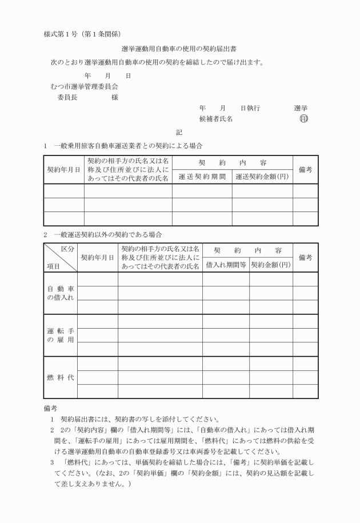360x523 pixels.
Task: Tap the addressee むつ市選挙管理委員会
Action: (x=84, y=86)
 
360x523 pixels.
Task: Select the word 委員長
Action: (x=68, y=97)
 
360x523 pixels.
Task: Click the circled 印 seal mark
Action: (x=303, y=119)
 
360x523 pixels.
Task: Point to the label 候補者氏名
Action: (x=215, y=119)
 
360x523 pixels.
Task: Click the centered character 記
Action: (x=179, y=132)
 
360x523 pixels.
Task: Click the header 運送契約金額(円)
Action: (x=262, y=177)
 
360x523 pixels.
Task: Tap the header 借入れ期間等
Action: (x=226, y=265)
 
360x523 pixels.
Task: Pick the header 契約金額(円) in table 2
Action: (x=271, y=265)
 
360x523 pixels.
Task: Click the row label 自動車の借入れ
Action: (x=60, y=293)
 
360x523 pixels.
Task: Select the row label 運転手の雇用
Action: (x=60, y=336)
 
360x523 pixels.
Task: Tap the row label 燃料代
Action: (x=60, y=377)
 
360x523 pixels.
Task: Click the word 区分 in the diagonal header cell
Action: (x=67, y=250)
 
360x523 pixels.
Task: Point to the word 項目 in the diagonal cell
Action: (x=54, y=266)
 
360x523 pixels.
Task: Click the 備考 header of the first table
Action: (x=305, y=170)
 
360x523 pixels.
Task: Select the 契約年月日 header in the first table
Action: (x=63, y=170)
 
